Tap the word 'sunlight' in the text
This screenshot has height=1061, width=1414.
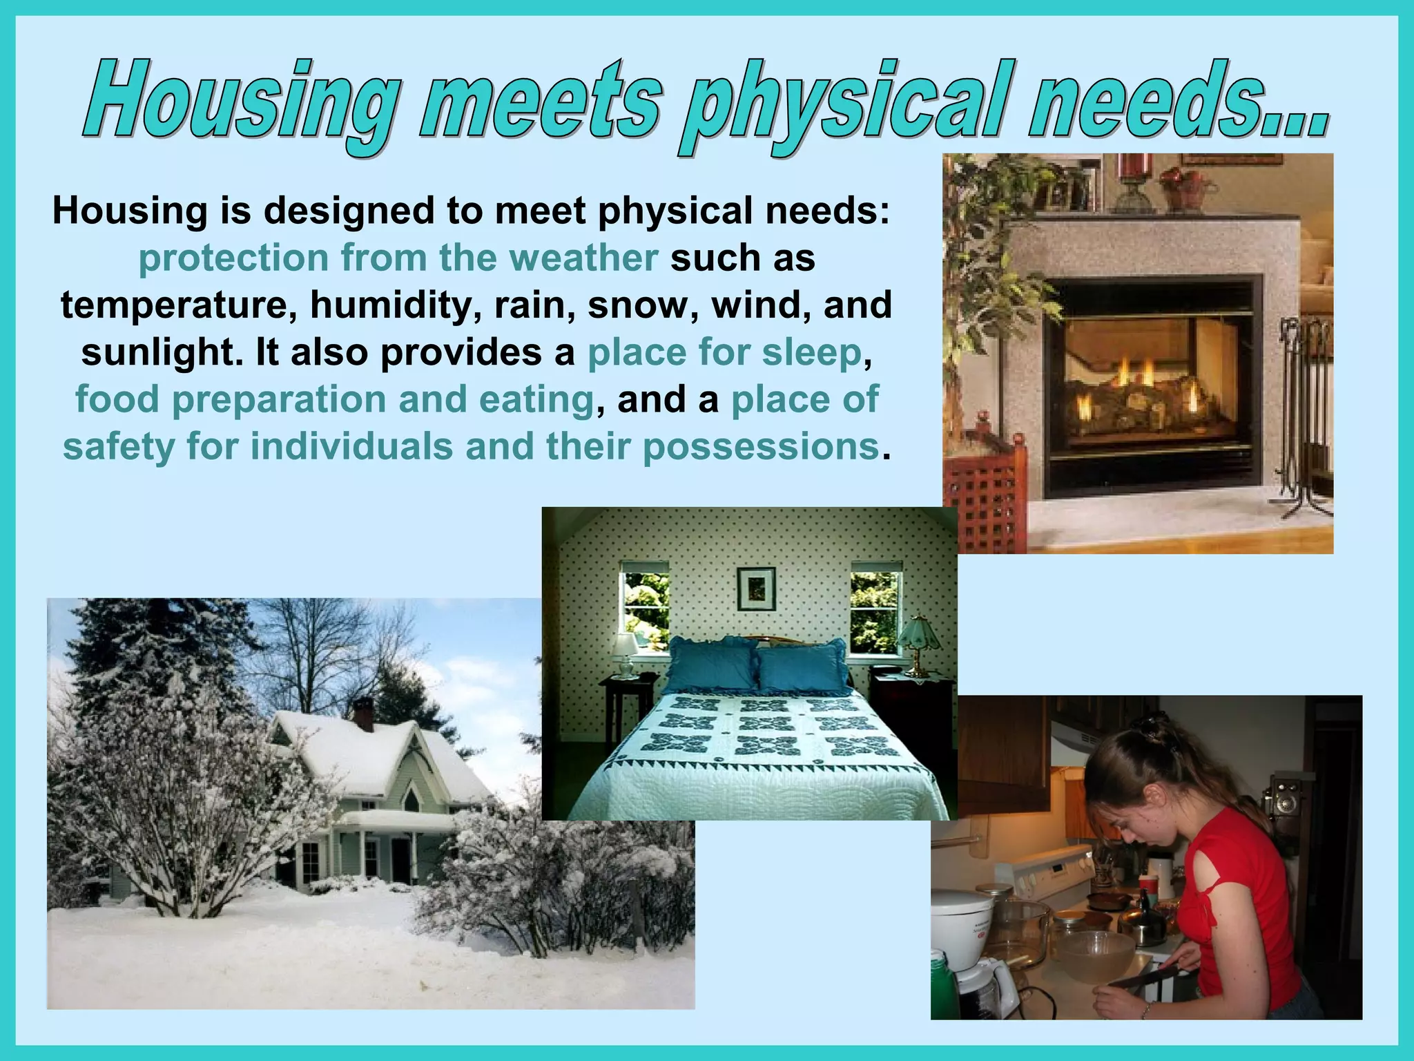162,352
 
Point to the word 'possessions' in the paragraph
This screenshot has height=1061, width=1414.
760,446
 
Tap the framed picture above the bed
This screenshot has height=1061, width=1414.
756,589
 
